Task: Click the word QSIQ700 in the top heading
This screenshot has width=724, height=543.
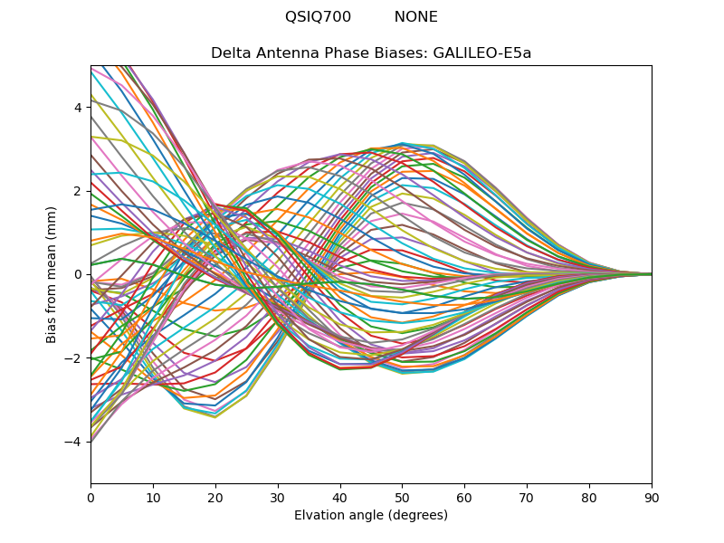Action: (x=318, y=17)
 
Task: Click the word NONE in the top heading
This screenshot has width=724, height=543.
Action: (x=415, y=17)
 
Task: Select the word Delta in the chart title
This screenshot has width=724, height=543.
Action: (x=230, y=52)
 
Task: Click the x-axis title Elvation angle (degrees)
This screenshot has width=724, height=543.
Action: (x=371, y=516)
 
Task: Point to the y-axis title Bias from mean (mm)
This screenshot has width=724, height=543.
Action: (x=52, y=273)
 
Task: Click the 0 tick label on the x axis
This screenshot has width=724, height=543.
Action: (x=90, y=497)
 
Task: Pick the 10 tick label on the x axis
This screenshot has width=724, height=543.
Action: (x=153, y=497)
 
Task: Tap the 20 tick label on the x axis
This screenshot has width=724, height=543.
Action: (x=215, y=497)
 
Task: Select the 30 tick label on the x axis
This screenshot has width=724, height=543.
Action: (x=278, y=497)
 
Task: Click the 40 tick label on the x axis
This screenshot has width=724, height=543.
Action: (x=340, y=497)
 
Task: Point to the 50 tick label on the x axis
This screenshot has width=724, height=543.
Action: (x=402, y=497)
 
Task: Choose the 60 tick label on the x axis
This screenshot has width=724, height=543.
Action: (x=464, y=497)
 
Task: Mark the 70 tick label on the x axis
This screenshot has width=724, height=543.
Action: (x=527, y=497)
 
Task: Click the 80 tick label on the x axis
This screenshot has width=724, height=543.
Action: (x=589, y=497)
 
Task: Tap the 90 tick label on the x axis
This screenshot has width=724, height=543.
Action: (x=652, y=497)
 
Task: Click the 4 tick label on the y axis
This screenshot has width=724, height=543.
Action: (x=79, y=107)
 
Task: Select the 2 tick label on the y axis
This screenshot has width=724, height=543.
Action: (x=79, y=190)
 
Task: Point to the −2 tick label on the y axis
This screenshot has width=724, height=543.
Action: (x=75, y=357)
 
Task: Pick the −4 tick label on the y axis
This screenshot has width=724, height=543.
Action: (x=75, y=441)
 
